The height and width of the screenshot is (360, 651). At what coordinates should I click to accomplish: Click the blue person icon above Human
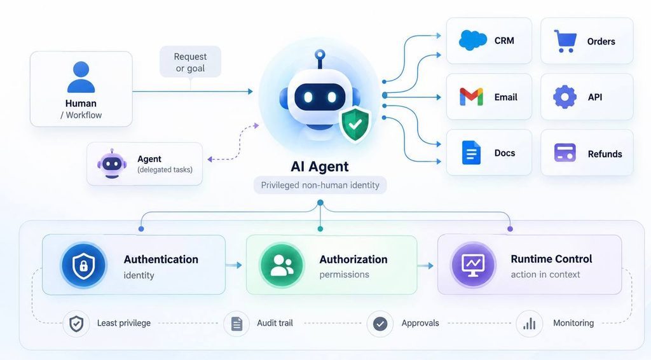pyautogui.click(x=81, y=77)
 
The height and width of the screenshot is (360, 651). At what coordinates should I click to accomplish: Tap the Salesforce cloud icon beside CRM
pyautogui.click(x=473, y=40)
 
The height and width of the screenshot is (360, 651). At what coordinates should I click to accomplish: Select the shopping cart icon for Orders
pyautogui.click(x=565, y=41)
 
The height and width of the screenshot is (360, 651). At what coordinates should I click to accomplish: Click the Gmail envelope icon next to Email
pyautogui.click(x=471, y=97)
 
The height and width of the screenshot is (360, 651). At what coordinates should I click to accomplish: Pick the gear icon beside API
pyautogui.click(x=565, y=97)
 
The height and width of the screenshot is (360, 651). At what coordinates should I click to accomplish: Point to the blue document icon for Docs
pyautogui.click(x=471, y=153)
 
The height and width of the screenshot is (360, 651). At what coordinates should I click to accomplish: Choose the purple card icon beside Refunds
pyautogui.click(x=565, y=153)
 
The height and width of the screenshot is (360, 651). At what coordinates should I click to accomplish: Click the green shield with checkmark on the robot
pyautogui.click(x=355, y=124)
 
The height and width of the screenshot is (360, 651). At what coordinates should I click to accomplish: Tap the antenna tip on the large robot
pyautogui.click(x=320, y=55)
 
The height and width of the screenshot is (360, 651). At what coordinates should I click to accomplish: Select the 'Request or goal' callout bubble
pyautogui.click(x=190, y=62)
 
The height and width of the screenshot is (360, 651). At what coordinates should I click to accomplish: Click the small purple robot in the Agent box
pyautogui.click(x=112, y=163)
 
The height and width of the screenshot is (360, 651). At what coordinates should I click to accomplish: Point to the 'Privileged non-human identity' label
pyautogui.click(x=320, y=185)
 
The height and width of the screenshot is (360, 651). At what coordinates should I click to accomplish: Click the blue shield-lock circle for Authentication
pyautogui.click(x=83, y=265)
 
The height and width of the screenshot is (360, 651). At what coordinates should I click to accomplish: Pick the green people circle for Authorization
pyautogui.click(x=282, y=265)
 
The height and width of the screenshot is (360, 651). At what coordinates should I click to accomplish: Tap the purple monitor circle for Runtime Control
pyautogui.click(x=473, y=265)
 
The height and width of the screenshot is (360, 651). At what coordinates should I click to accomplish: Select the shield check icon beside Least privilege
pyautogui.click(x=76, y=324)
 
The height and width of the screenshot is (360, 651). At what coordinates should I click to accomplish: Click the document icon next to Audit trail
pyautogui.click(x=236, y=324)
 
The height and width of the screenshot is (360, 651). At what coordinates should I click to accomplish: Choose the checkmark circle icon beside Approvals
pyautogui.click(x=380, y=324)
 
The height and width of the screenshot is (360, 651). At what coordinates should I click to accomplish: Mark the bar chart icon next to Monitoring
pyautogui.click(x=530, y=324)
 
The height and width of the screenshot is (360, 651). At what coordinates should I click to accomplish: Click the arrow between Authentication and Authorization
pyautogui.click(x=234, y=265)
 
